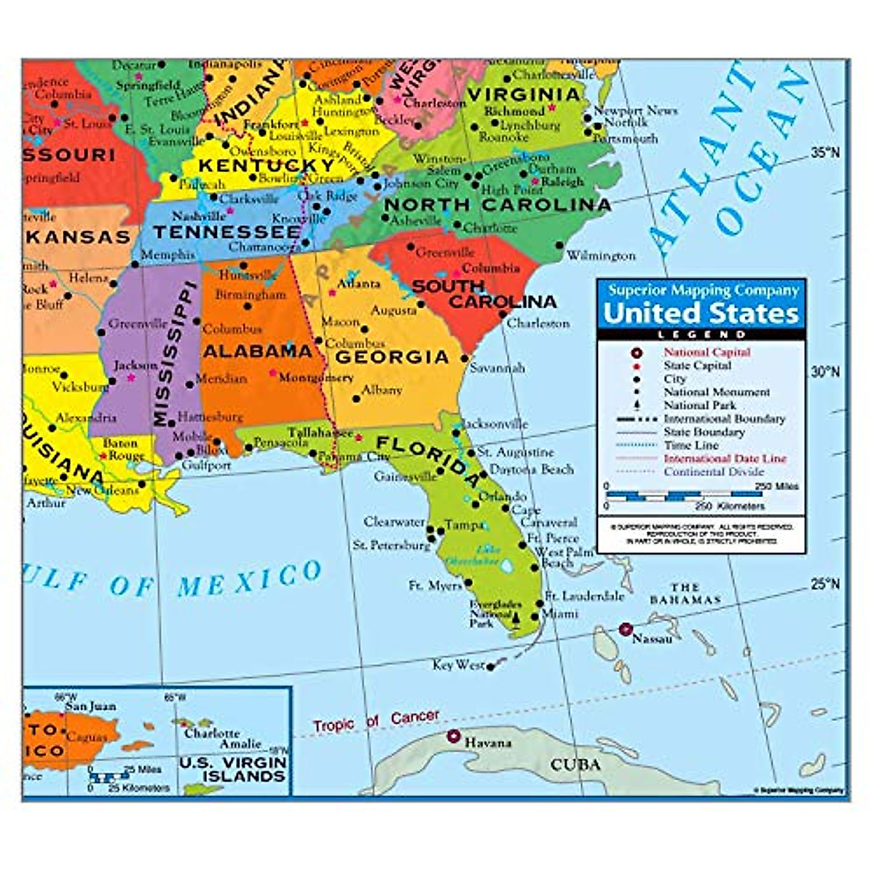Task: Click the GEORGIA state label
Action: [392, 357]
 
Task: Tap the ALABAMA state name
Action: [257, 351]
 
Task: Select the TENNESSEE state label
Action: [227, 232]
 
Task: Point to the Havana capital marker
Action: [454, 736]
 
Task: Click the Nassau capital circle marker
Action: [625, 629]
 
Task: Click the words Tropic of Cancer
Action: [376, 721]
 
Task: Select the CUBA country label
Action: [575, 765]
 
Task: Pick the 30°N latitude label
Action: [825, 372]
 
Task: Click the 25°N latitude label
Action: [825, 584]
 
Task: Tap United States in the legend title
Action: [701, 313]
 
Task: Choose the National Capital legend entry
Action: [706, 352]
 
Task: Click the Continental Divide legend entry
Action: [714, 472]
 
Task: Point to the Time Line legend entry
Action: [690, 445]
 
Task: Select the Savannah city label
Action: [497, 368]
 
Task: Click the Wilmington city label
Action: [601, 256]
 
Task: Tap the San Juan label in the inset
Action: [90, 706]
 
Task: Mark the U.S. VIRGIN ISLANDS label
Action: [233, 769]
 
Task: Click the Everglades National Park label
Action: [495, 614]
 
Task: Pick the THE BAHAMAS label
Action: [685, 594]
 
